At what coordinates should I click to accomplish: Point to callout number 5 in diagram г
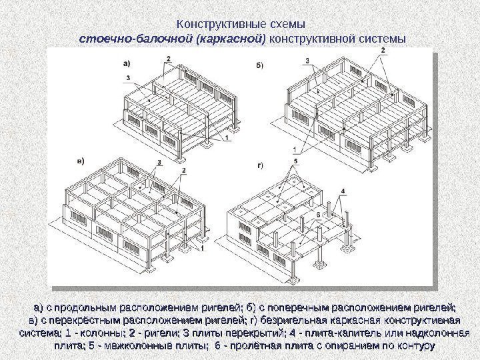point(294,163)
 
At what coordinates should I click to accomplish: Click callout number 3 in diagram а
point(127,78)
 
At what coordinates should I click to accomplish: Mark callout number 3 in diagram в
point(159,163)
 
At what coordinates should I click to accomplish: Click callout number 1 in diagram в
point(201,247)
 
